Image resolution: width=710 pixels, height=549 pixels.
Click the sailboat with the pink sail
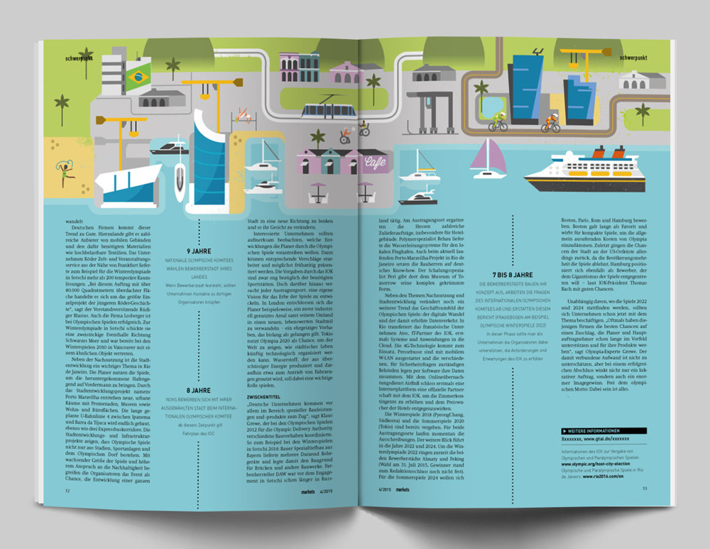(488, 158)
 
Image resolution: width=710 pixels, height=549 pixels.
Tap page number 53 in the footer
(645, 488)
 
